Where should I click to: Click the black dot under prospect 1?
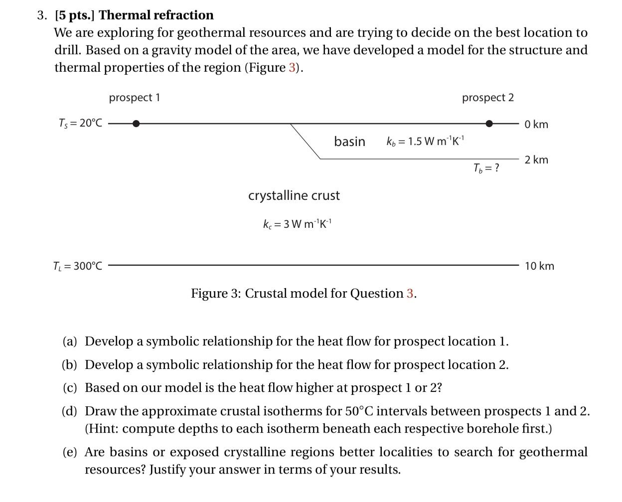[136, 123]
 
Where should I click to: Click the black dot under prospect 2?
[489, 123]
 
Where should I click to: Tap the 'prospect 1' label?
[135, 97]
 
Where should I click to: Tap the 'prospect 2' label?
[487, 97]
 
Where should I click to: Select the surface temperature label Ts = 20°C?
[80, 123]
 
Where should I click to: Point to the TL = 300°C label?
[77, 266]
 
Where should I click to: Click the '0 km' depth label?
[536, 124]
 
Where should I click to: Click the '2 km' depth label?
[536, 160]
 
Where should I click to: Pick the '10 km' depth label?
[539, 266]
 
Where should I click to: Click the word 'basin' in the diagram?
[349, 142]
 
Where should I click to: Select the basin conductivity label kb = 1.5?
[425, 141]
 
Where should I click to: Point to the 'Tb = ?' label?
[486, 168]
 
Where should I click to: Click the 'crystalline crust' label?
[294, 195]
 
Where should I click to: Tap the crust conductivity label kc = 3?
[297, 224]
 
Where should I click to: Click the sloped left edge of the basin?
[305, 141]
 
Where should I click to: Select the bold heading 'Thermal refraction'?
[156, 15]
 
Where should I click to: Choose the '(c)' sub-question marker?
[70, 387]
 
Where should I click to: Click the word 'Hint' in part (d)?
[103, 428]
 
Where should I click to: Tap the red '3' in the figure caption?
[410, 293]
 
